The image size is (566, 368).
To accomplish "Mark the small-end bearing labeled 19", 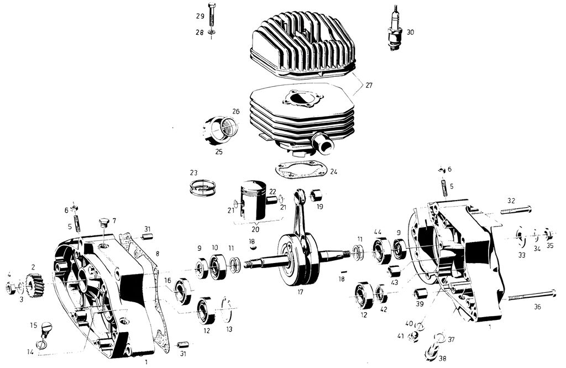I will coord(318,195).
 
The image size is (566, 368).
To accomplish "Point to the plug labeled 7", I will coord(101,223).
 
